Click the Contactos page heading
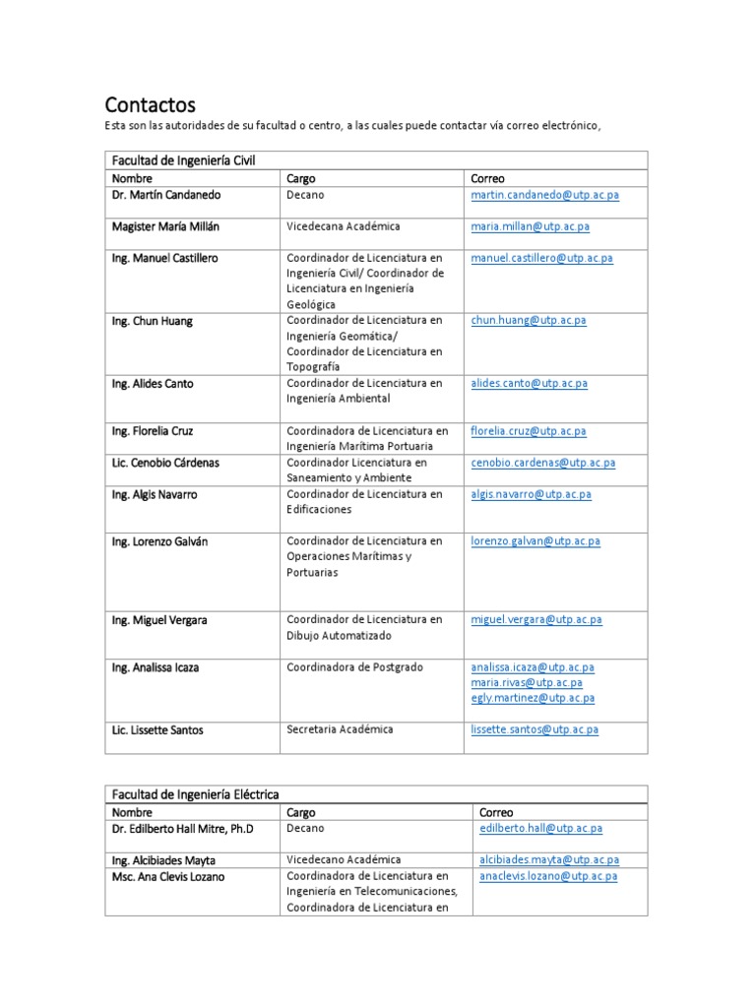pyautogui.click(x=151, y=104)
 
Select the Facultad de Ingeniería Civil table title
pyautogui.click(x=183, y=160)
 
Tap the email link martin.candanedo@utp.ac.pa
pyautogui.click(x=545, y=195)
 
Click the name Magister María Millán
pyautogui.click(x=165, y=226)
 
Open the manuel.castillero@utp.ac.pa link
pyautogui.click(x=541, y=258)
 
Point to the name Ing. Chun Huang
pyautogui.click(x=152, y=321)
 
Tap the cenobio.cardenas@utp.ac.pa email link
pyautogui.click(x=543, y=463)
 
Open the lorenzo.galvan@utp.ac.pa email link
pyautogui.click(x=535, y=541)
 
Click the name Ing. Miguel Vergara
pyautogui.click(x=159, y=620)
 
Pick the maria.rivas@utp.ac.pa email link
pyautogui.click(x=527, y=682)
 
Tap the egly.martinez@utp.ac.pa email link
pyautogui.click(x=533, y=698)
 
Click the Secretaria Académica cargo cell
pyautogui.click(x=340, y=729)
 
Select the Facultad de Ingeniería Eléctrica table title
pyautogui.click(x=195, y=793)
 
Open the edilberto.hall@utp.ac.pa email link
pyautogui.click(x=540, y=829)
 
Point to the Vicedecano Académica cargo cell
pyautogui.click(x=344, y=859)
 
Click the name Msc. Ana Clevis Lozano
pyautogui.click(x=167, y=876)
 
